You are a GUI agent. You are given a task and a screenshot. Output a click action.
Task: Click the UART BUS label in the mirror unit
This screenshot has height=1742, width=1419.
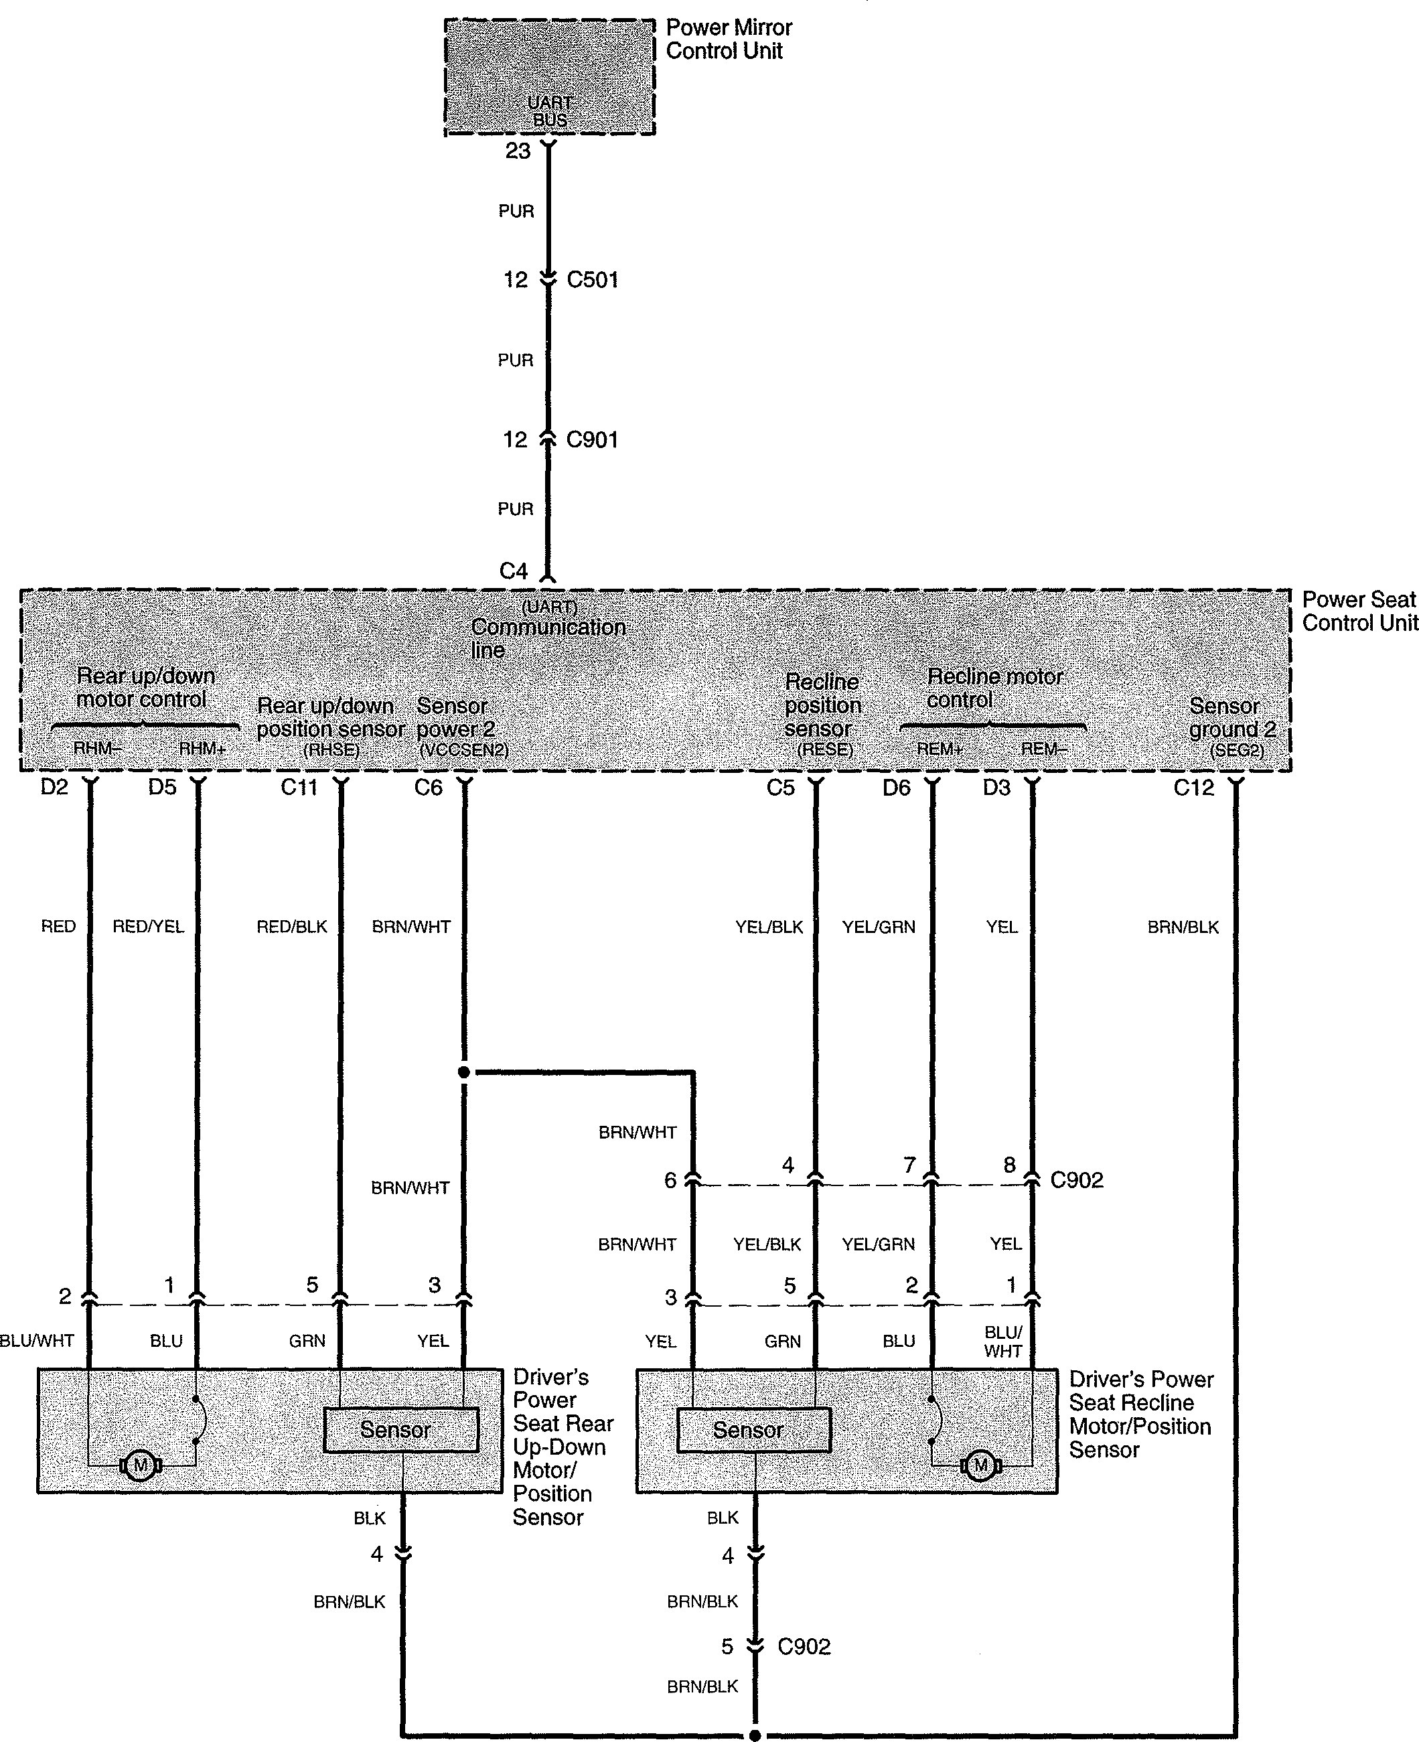tap(550, 111)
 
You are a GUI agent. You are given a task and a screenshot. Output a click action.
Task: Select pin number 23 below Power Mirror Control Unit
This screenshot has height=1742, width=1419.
tap(518, 151)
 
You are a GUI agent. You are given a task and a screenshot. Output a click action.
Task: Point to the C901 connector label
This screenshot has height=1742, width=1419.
tap(593, 440)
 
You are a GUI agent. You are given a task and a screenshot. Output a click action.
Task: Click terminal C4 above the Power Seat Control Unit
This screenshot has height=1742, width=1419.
tap(514, 571)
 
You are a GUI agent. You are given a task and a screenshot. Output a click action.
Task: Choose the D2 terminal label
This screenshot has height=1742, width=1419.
tap(55, 787)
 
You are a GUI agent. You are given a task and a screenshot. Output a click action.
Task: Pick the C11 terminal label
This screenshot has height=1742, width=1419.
tap(299, 787)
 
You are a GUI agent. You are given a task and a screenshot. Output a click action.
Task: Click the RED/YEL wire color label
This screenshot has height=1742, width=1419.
tap(148, 926)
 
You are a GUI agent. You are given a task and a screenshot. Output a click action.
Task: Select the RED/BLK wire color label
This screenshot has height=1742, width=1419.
tap(292, 926)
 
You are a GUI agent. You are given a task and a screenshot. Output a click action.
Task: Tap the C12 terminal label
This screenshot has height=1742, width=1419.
tap(1193, 787)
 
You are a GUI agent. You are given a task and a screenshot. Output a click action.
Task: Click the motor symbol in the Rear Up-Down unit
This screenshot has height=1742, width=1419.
tap(141, 1465)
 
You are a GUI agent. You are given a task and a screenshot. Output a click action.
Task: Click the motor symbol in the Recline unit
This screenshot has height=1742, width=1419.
tap(981, 1465)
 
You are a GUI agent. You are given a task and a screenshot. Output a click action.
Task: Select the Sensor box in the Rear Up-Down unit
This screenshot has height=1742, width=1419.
tap(400, 1430)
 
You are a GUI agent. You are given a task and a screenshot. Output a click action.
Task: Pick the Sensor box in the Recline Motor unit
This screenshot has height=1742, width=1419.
tap(753, 1430)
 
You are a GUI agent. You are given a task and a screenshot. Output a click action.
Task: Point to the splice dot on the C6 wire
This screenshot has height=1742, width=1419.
tap(463, 1072)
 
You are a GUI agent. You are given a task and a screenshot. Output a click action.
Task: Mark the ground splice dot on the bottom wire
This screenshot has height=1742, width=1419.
tap(755, 1735)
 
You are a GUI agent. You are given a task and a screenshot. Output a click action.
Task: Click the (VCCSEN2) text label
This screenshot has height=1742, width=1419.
tap(463, 749)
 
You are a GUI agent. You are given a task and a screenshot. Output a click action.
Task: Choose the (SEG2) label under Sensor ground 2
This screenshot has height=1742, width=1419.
tap(1237, 749)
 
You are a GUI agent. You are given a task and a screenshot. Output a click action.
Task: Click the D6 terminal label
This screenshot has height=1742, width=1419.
tap(896, 787)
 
